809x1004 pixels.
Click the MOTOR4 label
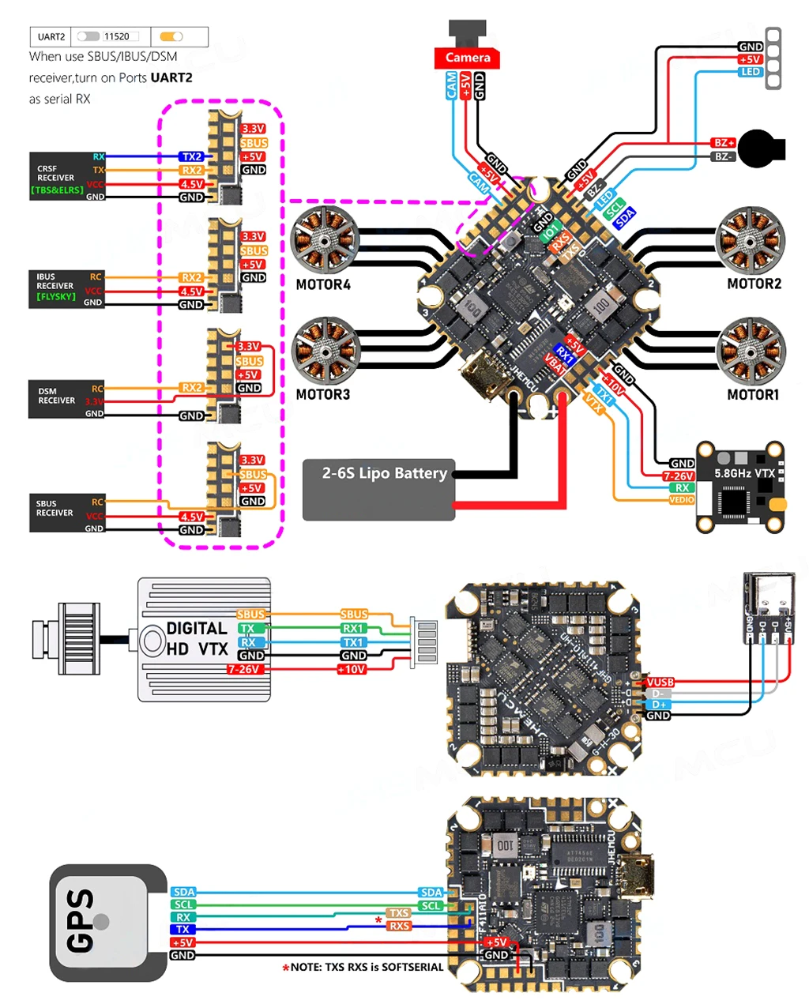click(322, 284)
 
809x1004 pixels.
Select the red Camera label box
click(467, 58)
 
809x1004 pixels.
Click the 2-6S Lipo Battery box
click(379, 489)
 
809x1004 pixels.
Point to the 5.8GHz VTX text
click(744, 473)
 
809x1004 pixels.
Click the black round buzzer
click(760, 149)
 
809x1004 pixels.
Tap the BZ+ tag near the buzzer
click(723, 143)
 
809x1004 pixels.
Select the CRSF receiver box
click(67, 175)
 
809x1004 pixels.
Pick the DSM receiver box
click(67, 399)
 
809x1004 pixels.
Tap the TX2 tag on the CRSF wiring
click(191, 156)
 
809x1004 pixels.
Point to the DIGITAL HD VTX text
click(197, 639)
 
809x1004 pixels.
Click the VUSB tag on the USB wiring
click(660, 682)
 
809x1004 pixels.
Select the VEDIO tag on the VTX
click(682, 499)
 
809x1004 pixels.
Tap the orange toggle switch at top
click(171, 36)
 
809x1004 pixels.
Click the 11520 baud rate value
click(117, 36)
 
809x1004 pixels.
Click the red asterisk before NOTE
click(285, 968)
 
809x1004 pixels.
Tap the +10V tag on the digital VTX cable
click(352, 669)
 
